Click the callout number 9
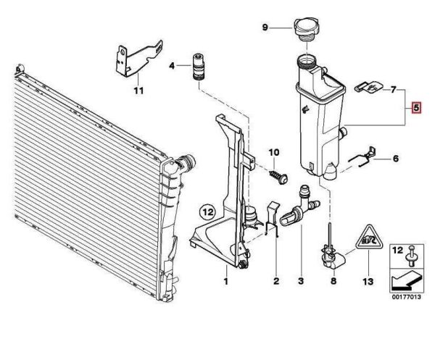265,28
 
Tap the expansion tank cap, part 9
307,31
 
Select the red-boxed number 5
416,109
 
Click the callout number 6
396,158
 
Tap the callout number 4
172,66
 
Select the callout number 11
138,91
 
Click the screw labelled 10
280,175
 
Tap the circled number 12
208,213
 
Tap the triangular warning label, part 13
368,238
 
